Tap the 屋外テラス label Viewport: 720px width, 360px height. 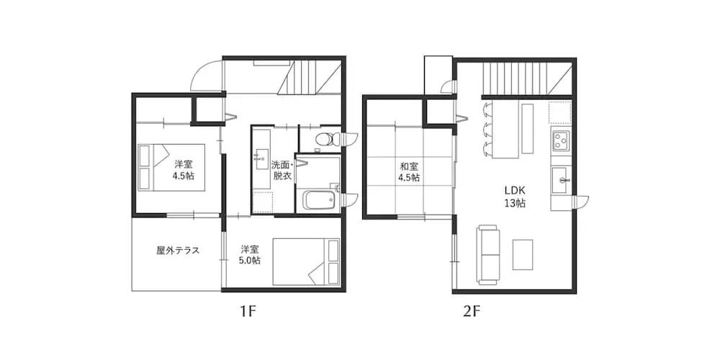coord(177,251)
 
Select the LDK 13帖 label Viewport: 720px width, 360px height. coord(515,197)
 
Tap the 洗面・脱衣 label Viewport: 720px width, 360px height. coord(282,170)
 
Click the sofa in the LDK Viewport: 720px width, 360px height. coord(489,254)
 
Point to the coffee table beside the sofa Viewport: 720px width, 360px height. coord(523,255)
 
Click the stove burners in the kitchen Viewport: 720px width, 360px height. coord(560,138)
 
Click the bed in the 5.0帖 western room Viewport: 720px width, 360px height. coord(306,262)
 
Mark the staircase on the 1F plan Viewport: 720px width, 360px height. coord(310,76)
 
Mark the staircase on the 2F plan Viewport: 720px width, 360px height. coord(517,78)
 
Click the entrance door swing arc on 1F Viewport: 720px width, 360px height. coord(207,76)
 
